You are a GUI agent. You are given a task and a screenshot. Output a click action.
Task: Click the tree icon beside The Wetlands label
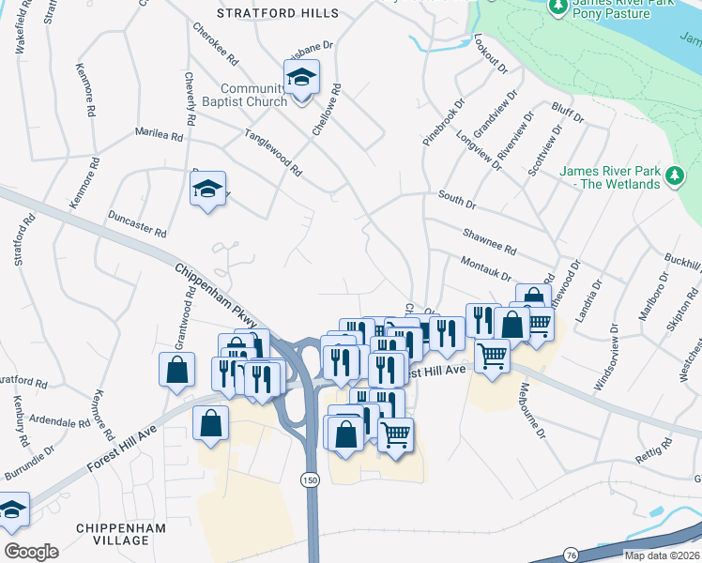[x=673, y=175]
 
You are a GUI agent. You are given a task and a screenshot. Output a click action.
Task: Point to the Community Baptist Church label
[x=253, y=95]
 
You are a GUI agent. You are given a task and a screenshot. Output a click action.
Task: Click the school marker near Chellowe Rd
[x=302, y=77]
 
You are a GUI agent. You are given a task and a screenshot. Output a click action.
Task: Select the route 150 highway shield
[x=310, y=479]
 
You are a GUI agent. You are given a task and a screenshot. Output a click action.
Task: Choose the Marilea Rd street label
[x=159, y=135]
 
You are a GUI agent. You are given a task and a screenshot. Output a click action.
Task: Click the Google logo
[x=31, y=551]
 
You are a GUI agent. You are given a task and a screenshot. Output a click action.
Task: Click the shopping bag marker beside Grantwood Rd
[x=176, y=370]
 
